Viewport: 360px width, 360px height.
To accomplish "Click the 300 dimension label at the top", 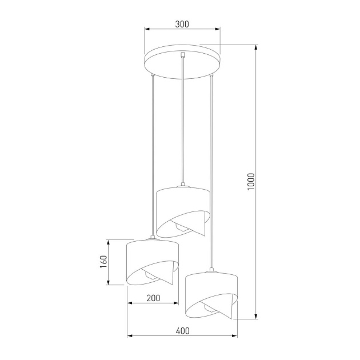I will tap(182, 24).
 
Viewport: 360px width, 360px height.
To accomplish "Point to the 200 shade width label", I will tap(153, 298).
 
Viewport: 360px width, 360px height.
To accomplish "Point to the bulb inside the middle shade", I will tap(182, 227).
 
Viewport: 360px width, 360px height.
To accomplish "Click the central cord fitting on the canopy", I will tap(182, 55).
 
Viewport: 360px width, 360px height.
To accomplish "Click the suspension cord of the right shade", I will tap(212, 171).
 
